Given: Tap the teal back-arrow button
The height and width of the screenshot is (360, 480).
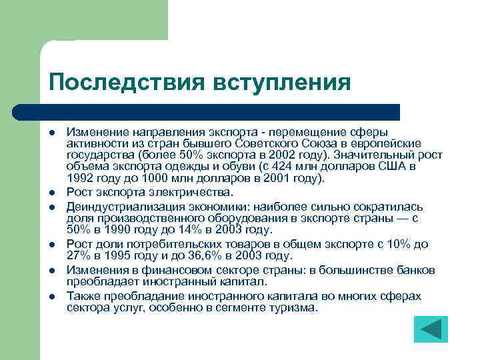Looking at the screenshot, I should (x=430, y=329).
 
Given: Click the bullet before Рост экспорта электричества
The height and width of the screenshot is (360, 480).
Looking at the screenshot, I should (x=51, y=193).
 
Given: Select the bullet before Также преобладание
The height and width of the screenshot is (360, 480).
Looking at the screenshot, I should (x=51, y=297).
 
